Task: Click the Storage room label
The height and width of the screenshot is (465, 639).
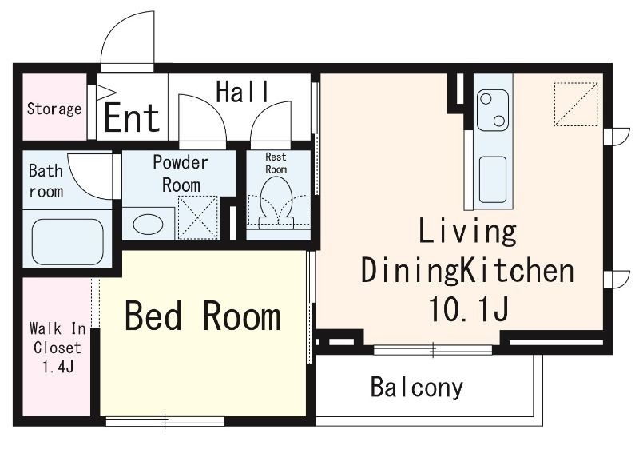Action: [x=54, y=109]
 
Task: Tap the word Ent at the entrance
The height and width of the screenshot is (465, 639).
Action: [x=132, y=117]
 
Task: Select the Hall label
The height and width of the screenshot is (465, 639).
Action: [x=243, y=92]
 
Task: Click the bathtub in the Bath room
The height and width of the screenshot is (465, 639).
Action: [x=67, y=241]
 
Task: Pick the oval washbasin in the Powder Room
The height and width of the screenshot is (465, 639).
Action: [x=148, y=225]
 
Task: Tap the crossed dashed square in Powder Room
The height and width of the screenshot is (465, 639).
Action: [x=198, y=217]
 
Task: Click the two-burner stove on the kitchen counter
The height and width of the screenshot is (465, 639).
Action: [x=493, y=110]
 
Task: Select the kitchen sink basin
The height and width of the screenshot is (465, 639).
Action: [x=493, y=179]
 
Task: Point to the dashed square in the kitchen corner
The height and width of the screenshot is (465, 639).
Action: [x=576, y=105]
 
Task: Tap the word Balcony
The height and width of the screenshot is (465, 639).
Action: [x=417, y=387]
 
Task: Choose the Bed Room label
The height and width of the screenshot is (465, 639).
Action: [x=203, y=316]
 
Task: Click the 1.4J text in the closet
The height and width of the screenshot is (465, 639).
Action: [x=58, y=367]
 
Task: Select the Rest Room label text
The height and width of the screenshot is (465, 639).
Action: [x=276, y=163]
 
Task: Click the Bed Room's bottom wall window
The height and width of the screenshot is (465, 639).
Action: [x=165, y=421]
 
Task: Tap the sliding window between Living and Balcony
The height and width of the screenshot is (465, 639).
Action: [x=433, y=350]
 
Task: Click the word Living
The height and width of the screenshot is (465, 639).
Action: [x=467, y=232]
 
